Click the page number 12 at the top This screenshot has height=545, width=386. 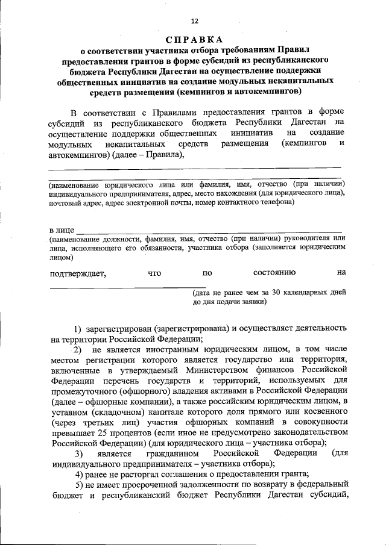(194, 20)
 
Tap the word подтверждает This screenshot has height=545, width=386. (78, 273)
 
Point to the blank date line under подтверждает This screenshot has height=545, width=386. (127, 287)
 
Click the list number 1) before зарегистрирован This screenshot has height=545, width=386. (78, 329)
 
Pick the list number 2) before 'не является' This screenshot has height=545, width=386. (78, 349)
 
